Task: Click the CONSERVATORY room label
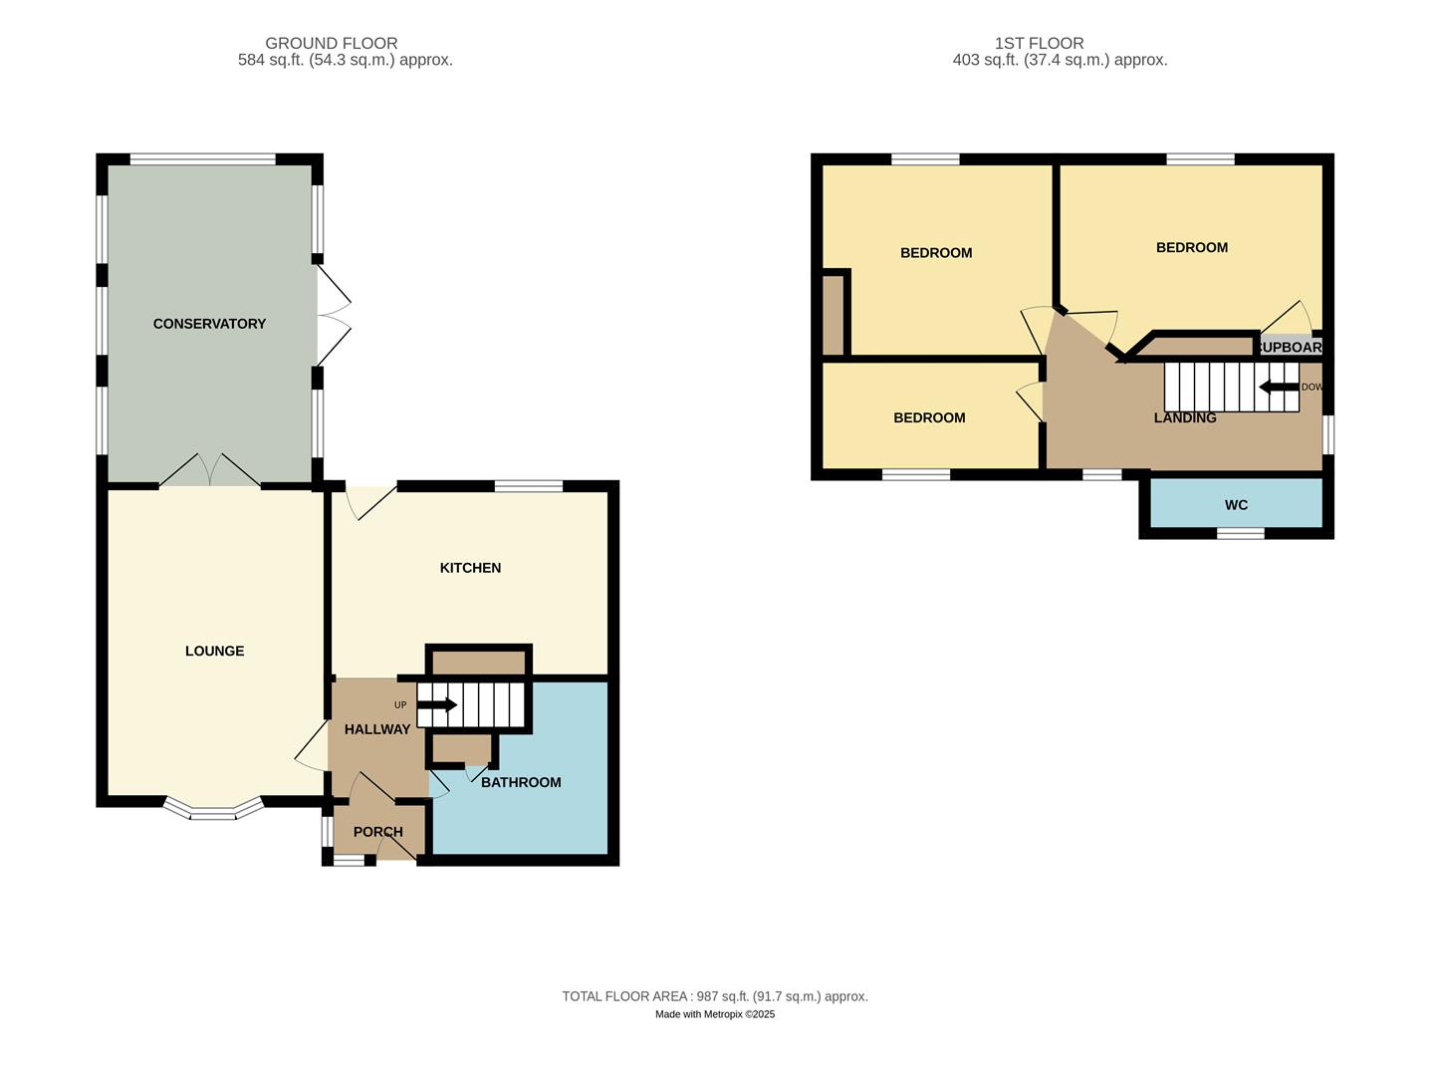pyautogui.click(x=209, y=324)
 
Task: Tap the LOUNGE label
pyautogui.click(x=214, y=652)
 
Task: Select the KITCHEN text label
pyautogui.click(x=470, y=568)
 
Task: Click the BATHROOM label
pyautogui.click(x=521, y=783)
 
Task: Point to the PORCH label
pyautogui.click(x=378, y=832)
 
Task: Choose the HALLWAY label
pyautogui.click(x=376, y=729)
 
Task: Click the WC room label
pyautogui.click(x=1236, y=505)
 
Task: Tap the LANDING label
pyautogui.click(x=1185, y=418)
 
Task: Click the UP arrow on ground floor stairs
pyautogui.click(x=436, y=705)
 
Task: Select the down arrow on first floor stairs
pyautogui.click(x=1279, y=387)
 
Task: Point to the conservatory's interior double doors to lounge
pyautogui.click(x=210, y=471)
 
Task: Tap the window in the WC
pyautogui.click(x=1241, y=534)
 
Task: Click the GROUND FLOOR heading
pyautogui.click(x=332, y=44)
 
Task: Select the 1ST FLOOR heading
pyautogui.click(x=1039, y=44)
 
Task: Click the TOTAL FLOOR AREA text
pyautogui.click(x=714, y=996)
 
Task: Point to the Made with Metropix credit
pyautogui.click(x=714, y=1014)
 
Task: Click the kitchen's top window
pyautogui.click(x=529, y=486)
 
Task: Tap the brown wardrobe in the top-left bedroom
pyautogui.click(x=834, y=314)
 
